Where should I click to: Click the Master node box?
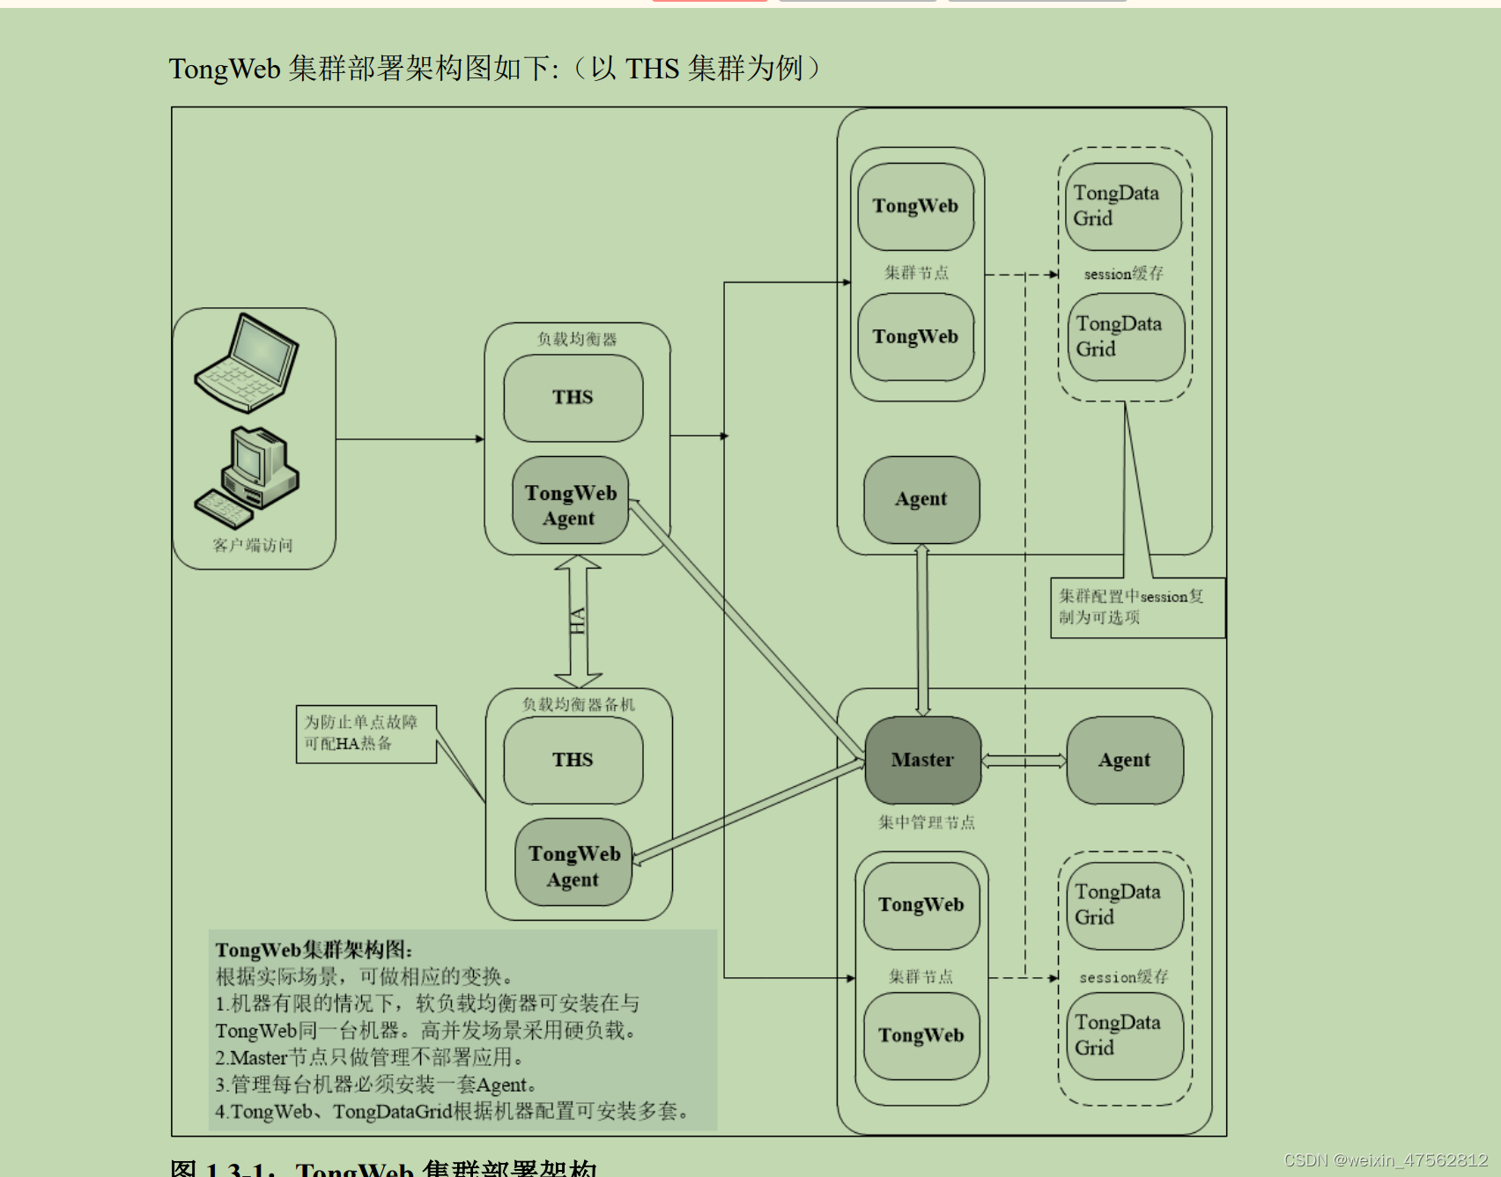point(922,760)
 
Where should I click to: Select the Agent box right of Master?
point(1124,760)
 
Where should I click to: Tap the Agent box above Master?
point(921,499)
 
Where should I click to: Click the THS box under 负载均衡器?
point(573,397)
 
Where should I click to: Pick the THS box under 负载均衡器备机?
point(573,760)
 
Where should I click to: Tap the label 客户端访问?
point(253,545)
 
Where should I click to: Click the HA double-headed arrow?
point(578,622)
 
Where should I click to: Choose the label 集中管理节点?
point(926,822)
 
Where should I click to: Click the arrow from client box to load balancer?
point(410,438)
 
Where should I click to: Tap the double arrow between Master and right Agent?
point(1024,761)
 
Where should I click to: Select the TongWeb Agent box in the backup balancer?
point(573,865)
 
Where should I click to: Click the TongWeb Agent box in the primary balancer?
point(570,504)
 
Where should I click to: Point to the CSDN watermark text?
point(1385,1160)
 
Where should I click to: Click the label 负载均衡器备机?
point(578,704)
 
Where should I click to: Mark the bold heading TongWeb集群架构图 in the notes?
point(314,950)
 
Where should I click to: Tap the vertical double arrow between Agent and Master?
point(922,629)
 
